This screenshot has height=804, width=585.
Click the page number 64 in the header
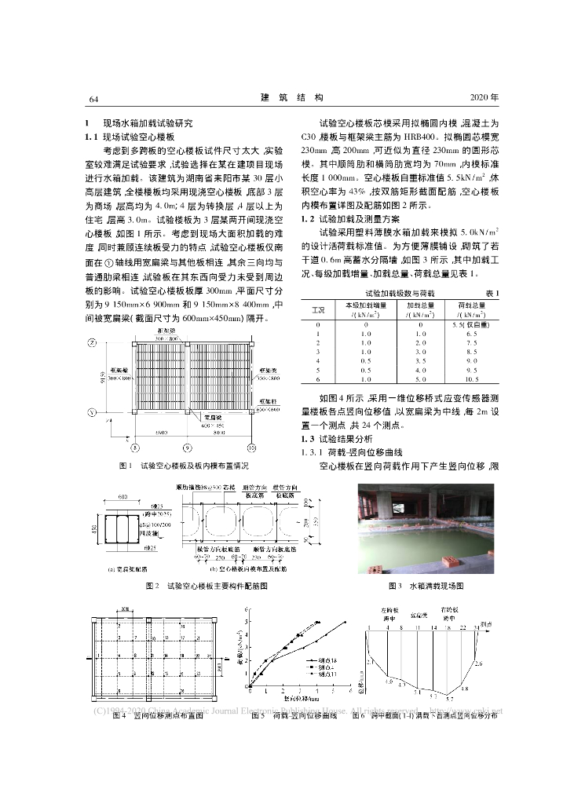tap(93, 98)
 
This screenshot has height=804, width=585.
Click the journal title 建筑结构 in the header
tap(291, 97)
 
